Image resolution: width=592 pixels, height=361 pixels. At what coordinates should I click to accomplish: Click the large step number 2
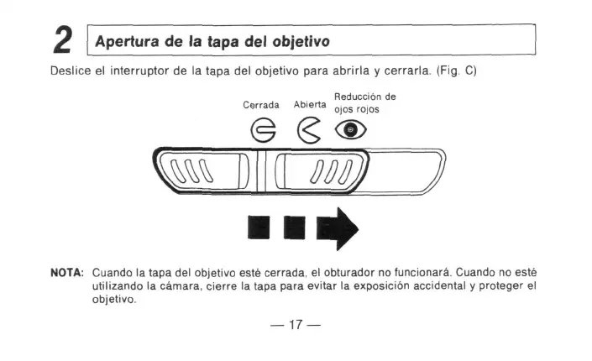(64, 40)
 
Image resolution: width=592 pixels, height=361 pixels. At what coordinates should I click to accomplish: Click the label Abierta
(310, 105)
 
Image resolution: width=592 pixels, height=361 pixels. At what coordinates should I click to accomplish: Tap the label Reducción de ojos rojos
(364, 102)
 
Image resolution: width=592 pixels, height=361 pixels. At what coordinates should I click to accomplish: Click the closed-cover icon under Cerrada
(261, 130)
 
